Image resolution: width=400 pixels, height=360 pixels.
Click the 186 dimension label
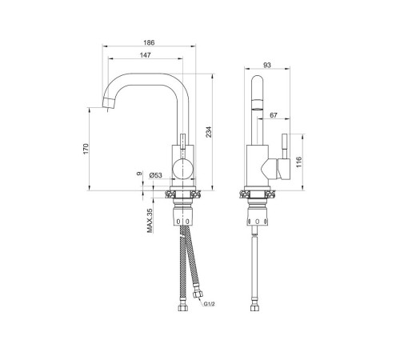[149, 42]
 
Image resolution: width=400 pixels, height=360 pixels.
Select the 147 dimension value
[146, 55]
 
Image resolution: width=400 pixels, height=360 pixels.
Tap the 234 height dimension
[209, 132]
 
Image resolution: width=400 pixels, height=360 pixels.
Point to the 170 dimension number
[86, 149]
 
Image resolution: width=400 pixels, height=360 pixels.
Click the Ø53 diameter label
[156, 175]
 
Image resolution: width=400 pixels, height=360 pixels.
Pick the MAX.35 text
[150, 221]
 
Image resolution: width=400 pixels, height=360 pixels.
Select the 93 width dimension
[266, 65]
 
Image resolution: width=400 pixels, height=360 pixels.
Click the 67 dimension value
[274, 115]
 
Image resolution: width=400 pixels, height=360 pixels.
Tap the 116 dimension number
[299, 162]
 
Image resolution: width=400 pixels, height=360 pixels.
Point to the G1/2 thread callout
[209, 304]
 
